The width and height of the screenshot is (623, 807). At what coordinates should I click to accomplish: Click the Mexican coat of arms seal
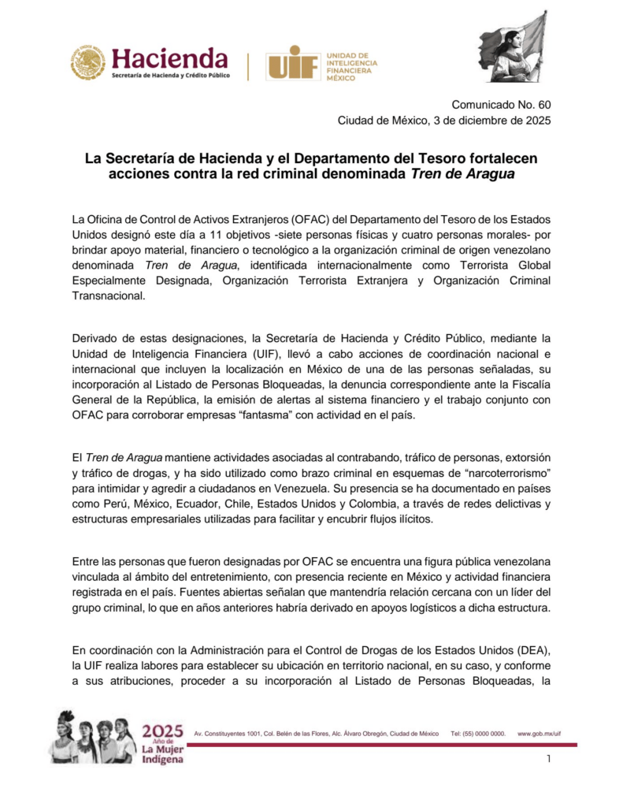click(87, 62)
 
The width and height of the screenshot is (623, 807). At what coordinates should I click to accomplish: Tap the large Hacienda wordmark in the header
click(169, 58)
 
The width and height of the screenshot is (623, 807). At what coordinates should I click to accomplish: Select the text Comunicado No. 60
click(501, 105)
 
